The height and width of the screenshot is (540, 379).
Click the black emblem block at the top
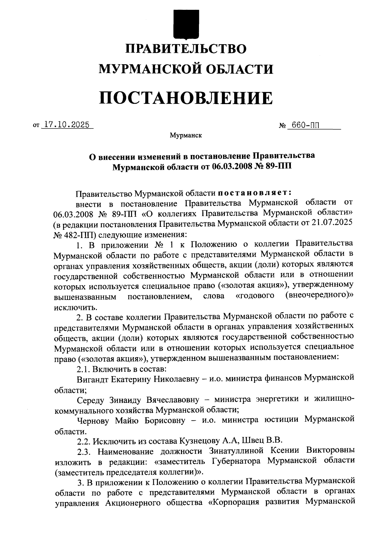click(186, 24)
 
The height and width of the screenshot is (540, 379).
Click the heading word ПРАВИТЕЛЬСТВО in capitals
click(186, 49)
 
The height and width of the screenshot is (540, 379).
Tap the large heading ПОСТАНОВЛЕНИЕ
click(186, 98)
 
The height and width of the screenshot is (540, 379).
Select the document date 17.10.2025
click(67, 125)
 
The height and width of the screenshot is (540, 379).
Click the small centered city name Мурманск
click(186, 136)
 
